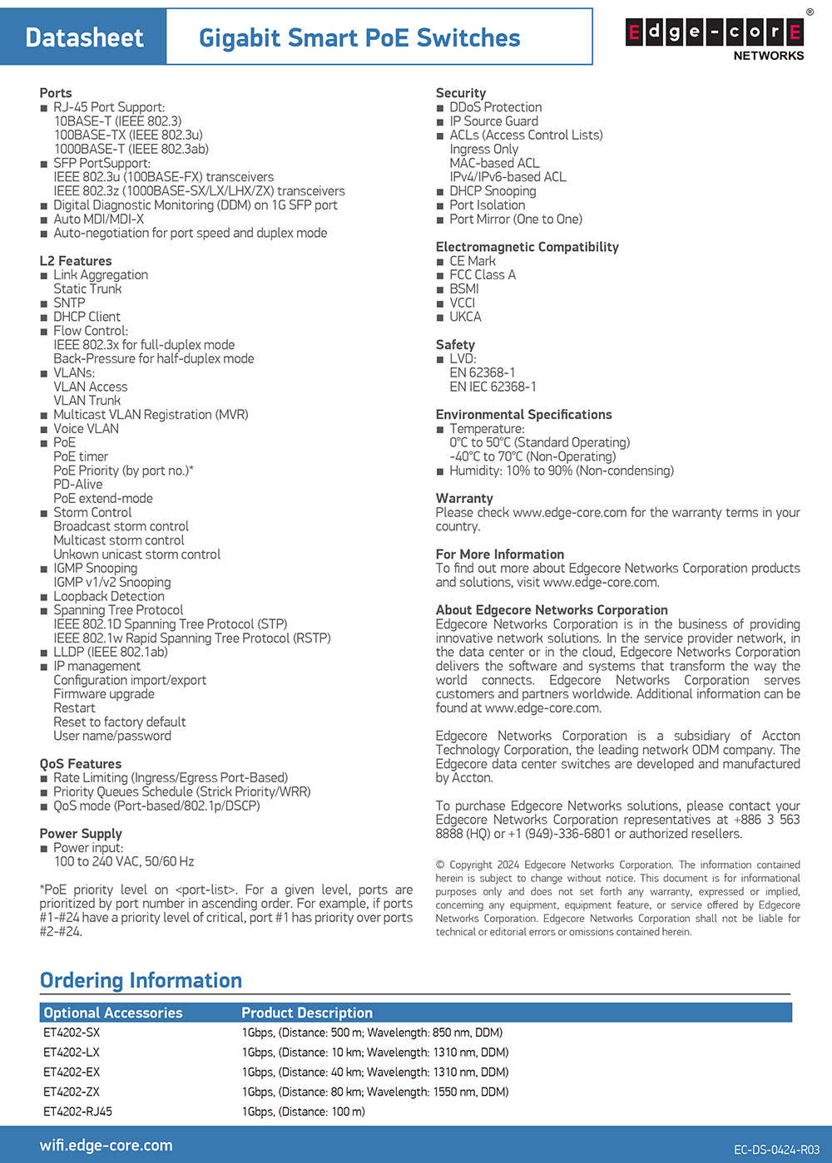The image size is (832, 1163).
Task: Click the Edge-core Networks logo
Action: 714,35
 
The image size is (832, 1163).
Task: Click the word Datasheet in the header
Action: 84,37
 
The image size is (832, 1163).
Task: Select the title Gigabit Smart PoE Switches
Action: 359,37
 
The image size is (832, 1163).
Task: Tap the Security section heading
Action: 460,93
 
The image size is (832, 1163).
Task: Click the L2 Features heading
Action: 75,261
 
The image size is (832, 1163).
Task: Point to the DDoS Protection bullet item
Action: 495,107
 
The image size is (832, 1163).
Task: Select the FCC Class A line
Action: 483,275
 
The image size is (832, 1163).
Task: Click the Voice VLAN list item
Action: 86,429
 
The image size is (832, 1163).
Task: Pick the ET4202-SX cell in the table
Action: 72,1033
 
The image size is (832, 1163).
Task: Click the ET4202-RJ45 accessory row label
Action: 77,1112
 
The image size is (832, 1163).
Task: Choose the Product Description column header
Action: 307,1013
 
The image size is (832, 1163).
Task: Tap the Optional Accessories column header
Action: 113,1013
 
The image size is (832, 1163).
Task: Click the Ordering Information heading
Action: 141,981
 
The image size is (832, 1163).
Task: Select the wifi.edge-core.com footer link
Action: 106,1146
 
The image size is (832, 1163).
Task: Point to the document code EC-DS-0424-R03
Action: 776,1151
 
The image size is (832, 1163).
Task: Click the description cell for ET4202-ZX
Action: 375,1092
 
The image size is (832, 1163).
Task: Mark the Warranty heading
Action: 464,499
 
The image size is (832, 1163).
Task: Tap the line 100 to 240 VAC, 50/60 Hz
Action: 124,862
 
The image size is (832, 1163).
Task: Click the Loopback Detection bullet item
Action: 108,597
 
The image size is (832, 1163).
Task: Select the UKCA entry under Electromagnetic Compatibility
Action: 465,317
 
